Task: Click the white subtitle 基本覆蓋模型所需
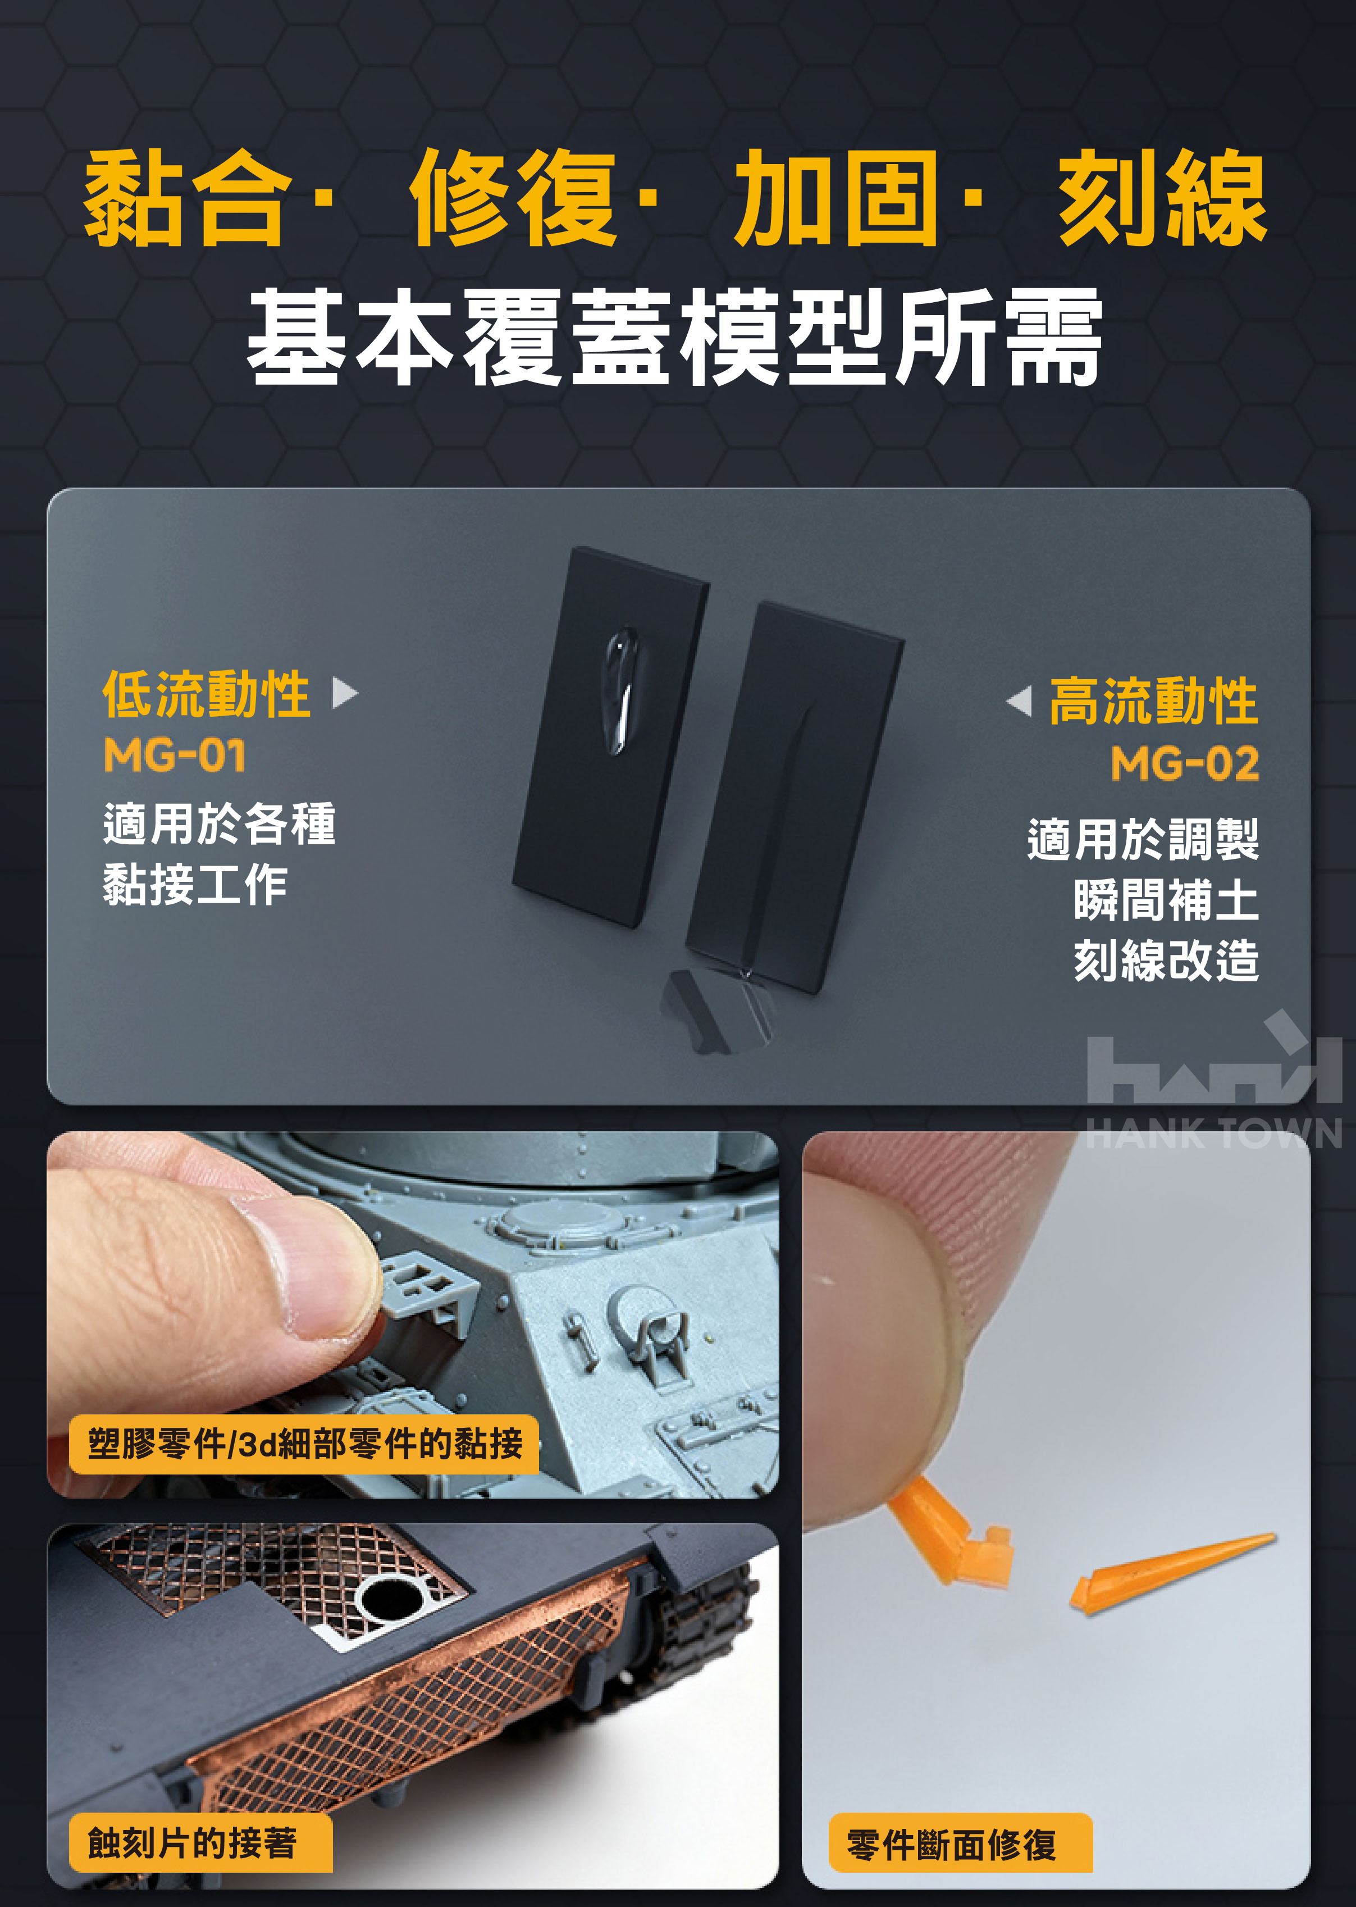675,336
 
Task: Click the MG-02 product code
1185,763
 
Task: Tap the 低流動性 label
206,694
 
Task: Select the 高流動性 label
1154,701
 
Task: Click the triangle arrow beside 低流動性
345,693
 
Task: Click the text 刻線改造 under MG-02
1166,961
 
